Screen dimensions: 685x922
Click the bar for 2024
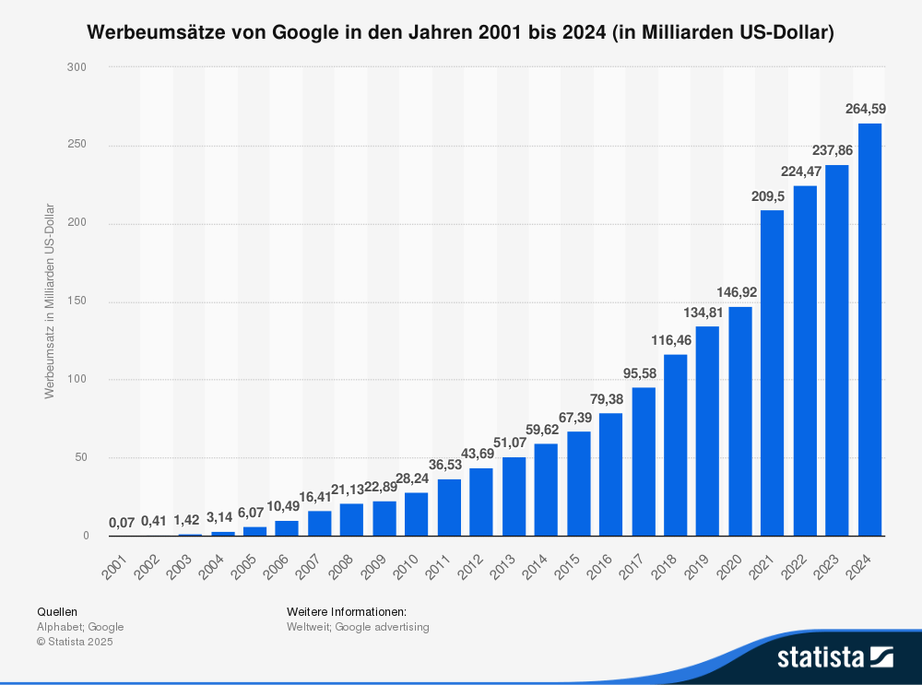click(869, 329)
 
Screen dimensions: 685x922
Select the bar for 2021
click(773, 372)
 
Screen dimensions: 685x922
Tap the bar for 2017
click(644, 461)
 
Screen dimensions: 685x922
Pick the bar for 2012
click(481, 502)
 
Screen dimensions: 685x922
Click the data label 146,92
click(740, 292)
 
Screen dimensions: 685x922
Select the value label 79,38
click(610, 399)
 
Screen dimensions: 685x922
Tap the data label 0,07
click(122, 522)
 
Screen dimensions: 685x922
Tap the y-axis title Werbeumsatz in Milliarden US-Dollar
click(50, 301)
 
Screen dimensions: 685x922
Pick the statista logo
click(835, 656)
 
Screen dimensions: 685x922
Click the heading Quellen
click(57, 611)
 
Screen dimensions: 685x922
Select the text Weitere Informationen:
click(347, 611)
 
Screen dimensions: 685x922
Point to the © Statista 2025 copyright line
click(75, 643)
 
